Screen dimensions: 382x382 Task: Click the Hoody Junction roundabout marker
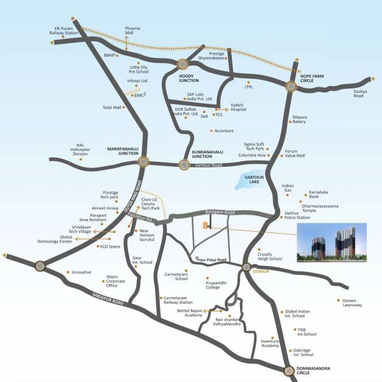(x=183, y=64)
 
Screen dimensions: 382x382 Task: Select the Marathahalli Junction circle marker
(x=143, y=162)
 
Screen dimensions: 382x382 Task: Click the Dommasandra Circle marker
(x=290, y=370)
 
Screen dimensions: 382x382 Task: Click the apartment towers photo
(x=331, y=243)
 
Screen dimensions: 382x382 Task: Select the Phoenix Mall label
(x=132, y=31)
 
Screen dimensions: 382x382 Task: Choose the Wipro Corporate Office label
(x=117, y=281)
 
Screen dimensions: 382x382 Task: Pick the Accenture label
(x=224, y=131)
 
